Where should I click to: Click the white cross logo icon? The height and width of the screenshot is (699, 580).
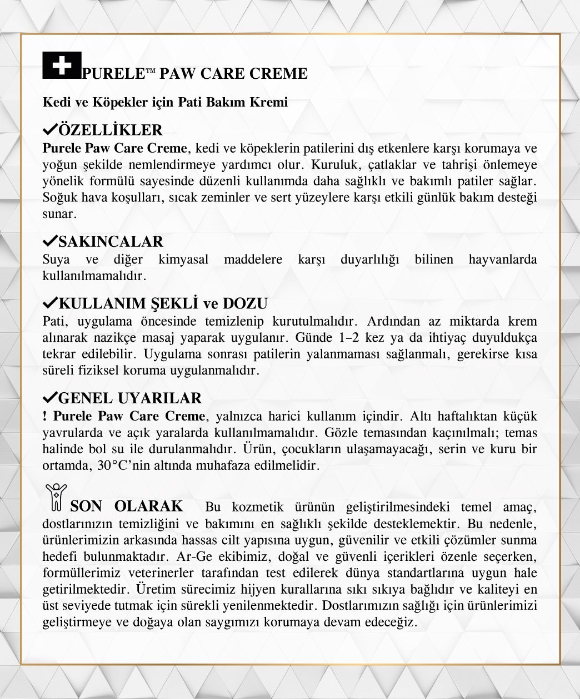coord(62,65)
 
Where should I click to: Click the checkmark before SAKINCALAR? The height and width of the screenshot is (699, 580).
coord(49,241)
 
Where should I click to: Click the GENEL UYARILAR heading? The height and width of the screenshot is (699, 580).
coord(129,398)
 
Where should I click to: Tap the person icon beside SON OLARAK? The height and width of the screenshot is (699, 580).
coord(56,497)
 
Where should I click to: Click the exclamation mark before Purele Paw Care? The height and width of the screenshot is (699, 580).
coord(44,416)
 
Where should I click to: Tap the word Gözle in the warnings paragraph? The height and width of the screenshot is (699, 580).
coord(343,433)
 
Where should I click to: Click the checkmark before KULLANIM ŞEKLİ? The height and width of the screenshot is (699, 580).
coord(49,303)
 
